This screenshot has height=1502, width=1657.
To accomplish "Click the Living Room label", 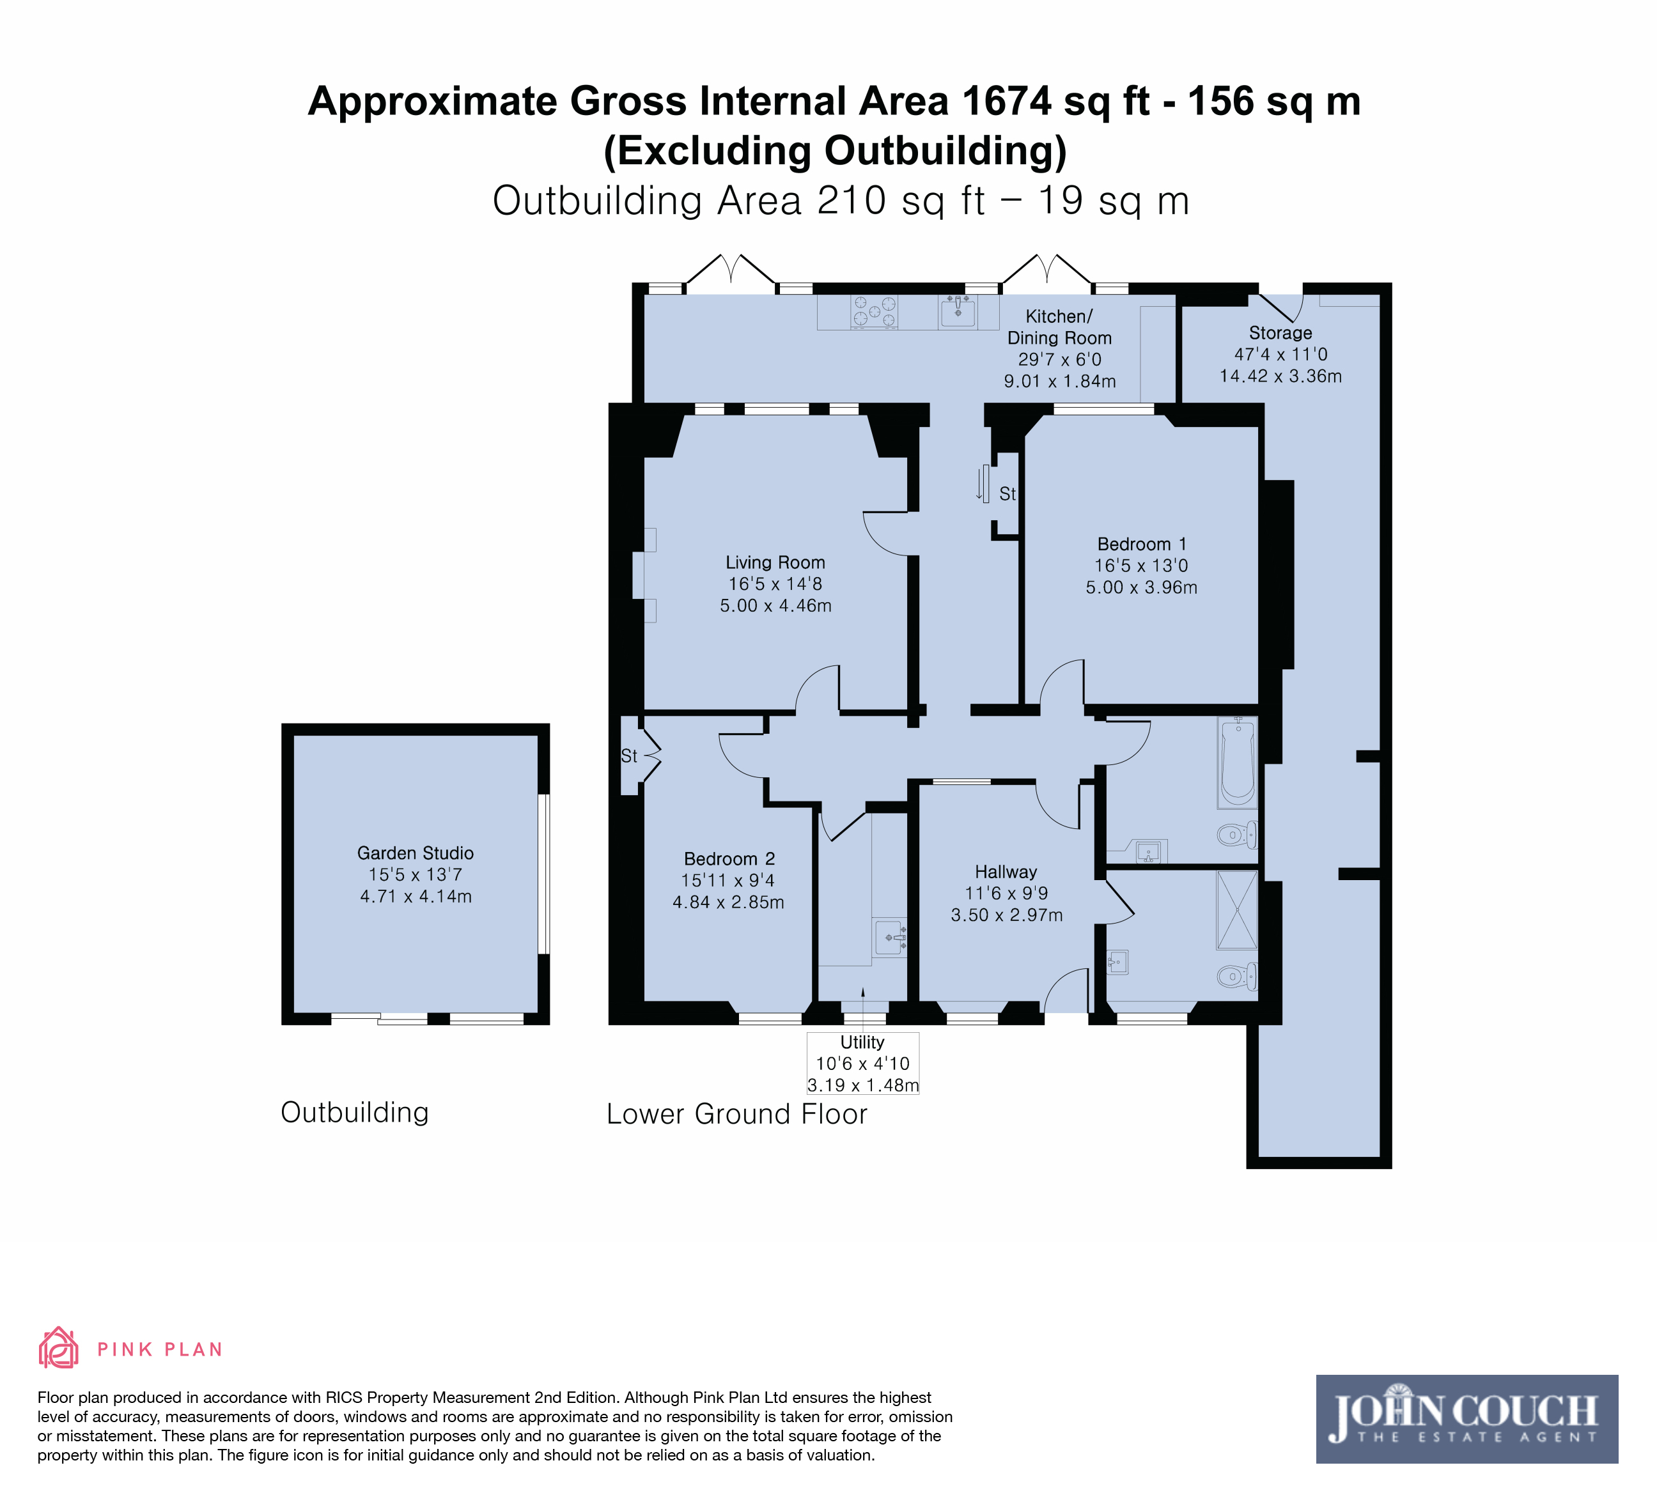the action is pyautogui.click(x=775, y=563).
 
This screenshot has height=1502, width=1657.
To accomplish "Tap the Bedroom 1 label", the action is pyautogui.click(x=1142, y=544).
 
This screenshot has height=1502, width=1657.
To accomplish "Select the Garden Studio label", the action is pyautogui.click(x=415, y=853).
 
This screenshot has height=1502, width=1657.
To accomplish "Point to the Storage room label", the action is pyautogui.click(x=1280, y=333).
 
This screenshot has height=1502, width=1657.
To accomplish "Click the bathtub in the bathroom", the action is pyautogui.click(x=1238, y=763).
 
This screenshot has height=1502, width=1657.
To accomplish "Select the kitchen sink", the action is pyautogui.click(x=958, y=311).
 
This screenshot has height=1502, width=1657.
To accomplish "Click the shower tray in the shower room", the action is pyautogui.click(x=1237, y=910).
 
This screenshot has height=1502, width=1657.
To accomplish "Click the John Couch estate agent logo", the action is pyautogui.click(x=1467, y=1419).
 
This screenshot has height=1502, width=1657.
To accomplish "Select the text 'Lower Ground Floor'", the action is pyautogui.click(x=736, y=1114).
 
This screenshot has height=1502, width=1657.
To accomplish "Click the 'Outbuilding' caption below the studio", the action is pyautogui.click(x=355, y=1113).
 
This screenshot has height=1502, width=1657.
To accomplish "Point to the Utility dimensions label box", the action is pyautogui.click(x=863, y=1064).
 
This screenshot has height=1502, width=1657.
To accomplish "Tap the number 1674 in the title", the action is pyautogui.click(x=1007, y=101).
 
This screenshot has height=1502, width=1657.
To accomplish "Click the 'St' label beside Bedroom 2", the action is pyautogui.click(x=629, y=756).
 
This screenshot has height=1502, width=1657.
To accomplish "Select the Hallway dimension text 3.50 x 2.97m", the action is pyautogui.click(x=1007, y=915).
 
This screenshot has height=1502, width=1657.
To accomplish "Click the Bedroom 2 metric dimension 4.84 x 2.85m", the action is pyautogui.click(x=728, y=902).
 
